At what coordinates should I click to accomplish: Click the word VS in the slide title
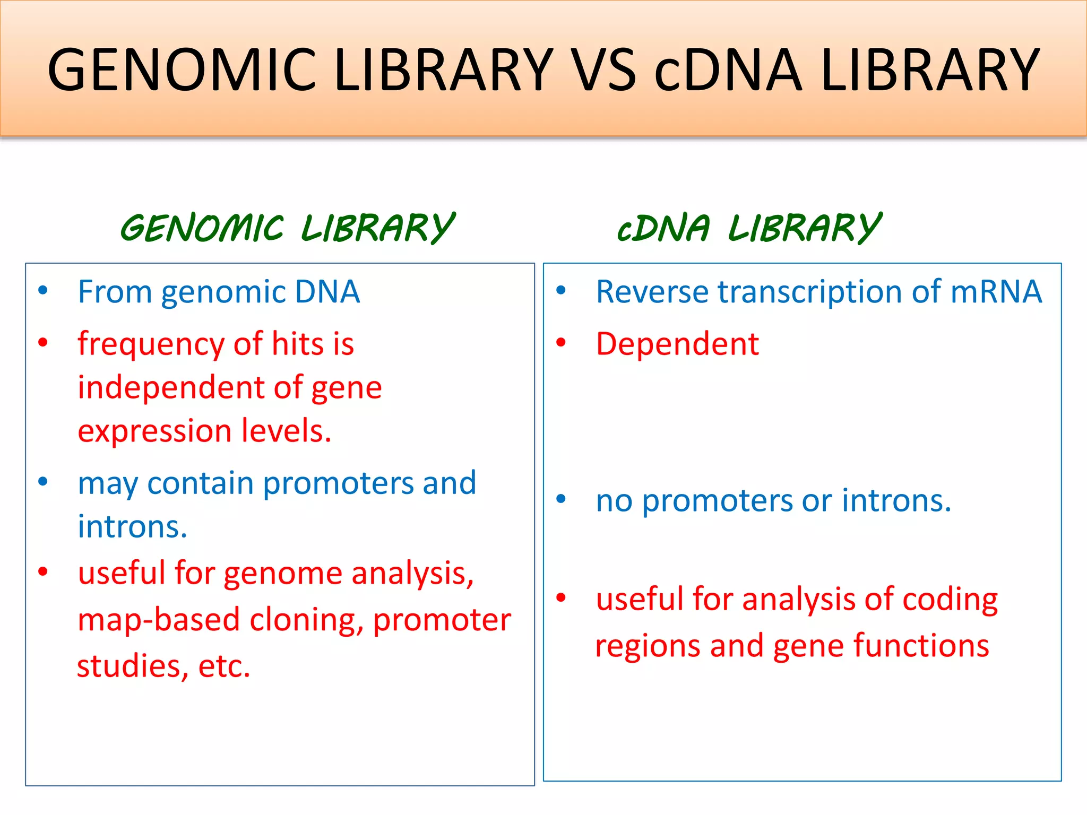(x=605, y=70)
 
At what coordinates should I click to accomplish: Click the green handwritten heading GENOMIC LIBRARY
(x=287, y=228)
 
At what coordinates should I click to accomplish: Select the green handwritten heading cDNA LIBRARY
(x=749, y=228)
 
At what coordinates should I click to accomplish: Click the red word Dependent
(x=677, y=344)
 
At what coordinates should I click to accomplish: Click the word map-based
(x=158, y=619)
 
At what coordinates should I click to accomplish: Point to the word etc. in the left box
(x=223, y=666)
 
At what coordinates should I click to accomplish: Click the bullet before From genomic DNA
(x=43, y=290)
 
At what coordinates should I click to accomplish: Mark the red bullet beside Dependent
(x=561, y=343)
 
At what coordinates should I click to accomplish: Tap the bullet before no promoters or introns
(x=561, y=499)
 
